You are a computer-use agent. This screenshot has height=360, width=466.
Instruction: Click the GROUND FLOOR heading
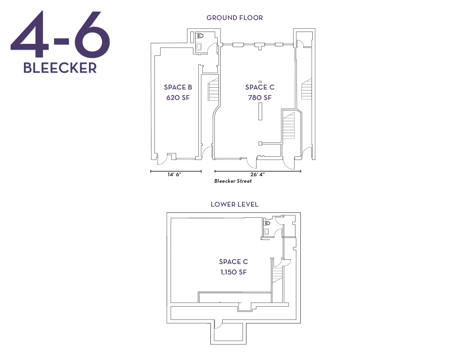(234, 18)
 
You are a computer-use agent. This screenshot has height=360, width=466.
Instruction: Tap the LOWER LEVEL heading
(234, 204)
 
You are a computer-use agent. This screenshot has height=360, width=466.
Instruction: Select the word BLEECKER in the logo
(60, 68)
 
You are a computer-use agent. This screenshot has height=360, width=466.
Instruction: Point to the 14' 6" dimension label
(174, 174)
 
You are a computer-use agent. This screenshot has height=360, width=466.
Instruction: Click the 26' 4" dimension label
(257, 174)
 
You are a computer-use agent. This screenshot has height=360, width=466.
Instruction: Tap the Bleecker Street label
(233, 181)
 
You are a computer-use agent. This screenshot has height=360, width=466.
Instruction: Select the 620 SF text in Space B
(178, 98)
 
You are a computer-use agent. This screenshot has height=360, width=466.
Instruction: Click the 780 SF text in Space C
(260, 98)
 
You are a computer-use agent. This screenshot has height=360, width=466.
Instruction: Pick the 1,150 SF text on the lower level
(234, 272)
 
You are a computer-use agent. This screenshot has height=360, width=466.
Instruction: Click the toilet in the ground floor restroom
(200, 36)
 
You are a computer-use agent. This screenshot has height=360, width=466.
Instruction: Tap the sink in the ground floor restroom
(199, 47)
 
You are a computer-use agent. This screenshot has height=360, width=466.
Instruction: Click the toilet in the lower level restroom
(267, 223)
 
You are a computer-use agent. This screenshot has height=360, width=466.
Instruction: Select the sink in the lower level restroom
(266, 232)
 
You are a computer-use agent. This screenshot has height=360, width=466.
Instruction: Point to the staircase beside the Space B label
(214, 90)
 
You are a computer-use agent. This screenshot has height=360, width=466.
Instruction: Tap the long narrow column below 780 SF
(260, 111)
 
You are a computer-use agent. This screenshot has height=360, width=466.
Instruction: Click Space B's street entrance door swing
(162, 161)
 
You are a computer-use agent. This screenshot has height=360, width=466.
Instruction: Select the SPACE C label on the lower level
(234, 262)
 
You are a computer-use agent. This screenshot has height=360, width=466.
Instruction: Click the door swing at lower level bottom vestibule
(218, 325)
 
